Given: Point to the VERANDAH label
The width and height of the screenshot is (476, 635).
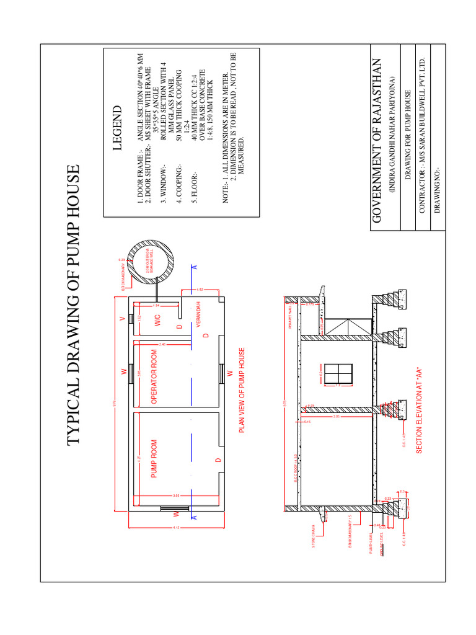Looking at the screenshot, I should (200, 314).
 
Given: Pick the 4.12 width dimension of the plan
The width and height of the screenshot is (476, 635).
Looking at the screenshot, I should (176, 528).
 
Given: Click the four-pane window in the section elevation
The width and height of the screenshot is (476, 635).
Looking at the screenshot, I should (338, 374).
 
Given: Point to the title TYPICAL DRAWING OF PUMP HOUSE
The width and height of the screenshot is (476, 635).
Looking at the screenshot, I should (74, 304).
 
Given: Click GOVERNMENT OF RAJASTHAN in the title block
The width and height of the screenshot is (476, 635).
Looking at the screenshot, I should (379, 140).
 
